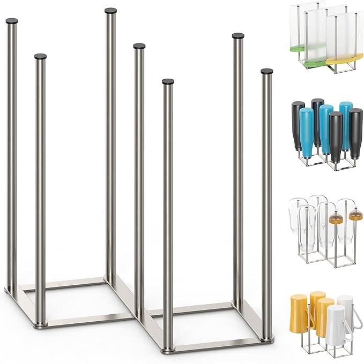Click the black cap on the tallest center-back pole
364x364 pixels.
(111, 10)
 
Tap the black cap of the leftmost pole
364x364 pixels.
(11, 21)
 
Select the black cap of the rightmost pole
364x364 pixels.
(266, 71)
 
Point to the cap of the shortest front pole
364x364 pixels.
(168, 82)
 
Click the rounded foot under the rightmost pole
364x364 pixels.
(266, 338)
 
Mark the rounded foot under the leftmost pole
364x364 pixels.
(11, 291)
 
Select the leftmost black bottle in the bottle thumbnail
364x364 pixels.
(298, 123)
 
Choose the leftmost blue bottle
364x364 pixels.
(307, 131)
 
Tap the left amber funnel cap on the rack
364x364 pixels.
(336, 218)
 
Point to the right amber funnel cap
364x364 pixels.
(355, 216)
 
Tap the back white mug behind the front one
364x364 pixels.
(345, 305)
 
